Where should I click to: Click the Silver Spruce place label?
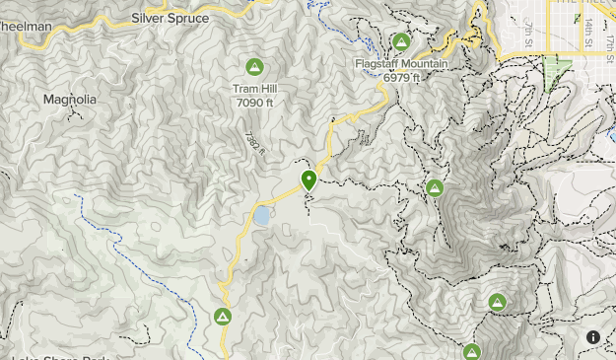(x=169, y=19)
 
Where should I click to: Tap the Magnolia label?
(x=70, y=100)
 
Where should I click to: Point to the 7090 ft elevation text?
(x=254, y=101)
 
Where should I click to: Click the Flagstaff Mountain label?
(x=401, y=63)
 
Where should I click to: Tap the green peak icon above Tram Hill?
(x=254, y=67)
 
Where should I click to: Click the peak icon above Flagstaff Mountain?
(x=401, y=41)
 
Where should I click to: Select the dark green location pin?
(x=309, y=180)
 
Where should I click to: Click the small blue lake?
(x=262, y=215)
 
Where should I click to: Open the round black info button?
(x=593, y=337)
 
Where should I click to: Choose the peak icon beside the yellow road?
(x=223, y=317)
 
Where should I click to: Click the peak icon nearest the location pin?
(x=435, y=187)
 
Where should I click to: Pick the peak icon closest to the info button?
(x=497, y=303)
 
